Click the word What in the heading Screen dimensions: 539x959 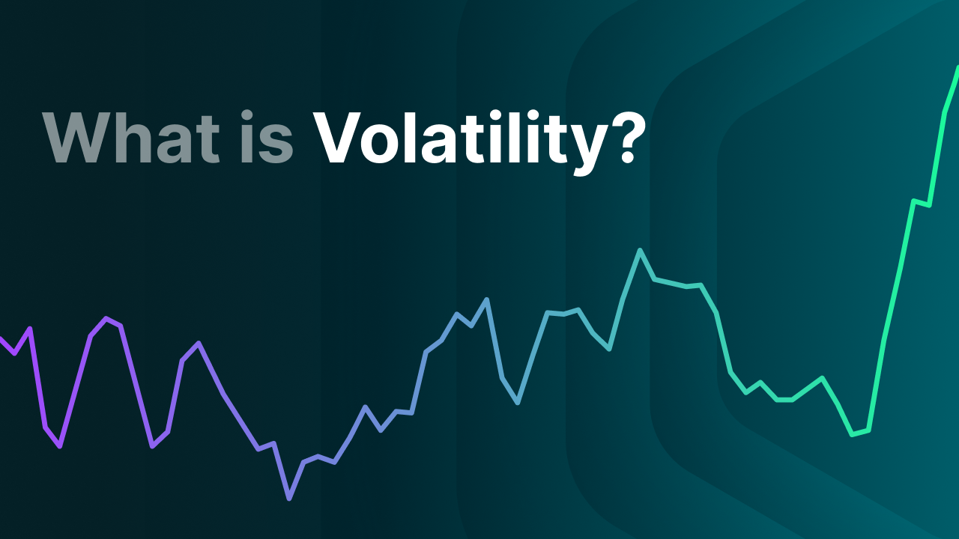[131, 139]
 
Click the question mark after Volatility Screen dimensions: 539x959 [620, 138]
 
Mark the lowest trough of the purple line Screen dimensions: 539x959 [289, 498]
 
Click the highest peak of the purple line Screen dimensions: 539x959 [106, 318]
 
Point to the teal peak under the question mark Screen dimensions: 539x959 [640, 250]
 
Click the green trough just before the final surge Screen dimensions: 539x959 [853, 434]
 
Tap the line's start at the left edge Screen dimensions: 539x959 [2, 339]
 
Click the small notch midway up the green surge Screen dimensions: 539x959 [922, 203]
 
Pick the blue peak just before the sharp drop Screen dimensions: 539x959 [487, 299]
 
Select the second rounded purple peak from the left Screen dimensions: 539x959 [198, 343]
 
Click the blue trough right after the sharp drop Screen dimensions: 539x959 [518, 403]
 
